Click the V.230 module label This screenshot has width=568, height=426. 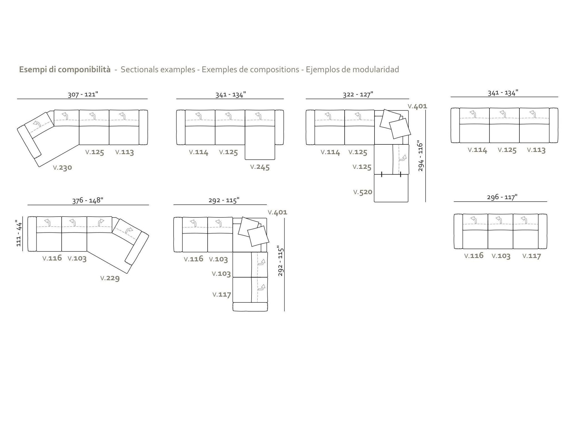point(62,167)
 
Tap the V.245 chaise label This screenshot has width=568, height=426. point(260,167)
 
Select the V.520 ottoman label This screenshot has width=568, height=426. point(363,192)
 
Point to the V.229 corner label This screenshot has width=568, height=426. point(110,278)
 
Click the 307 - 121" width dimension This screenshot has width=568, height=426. point(83,94)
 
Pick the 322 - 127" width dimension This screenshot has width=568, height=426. point(358,94)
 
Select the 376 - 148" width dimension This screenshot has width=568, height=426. point(88,201)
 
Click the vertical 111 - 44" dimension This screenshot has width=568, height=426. point(18,233)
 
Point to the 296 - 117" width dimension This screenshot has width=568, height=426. point(502,197)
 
